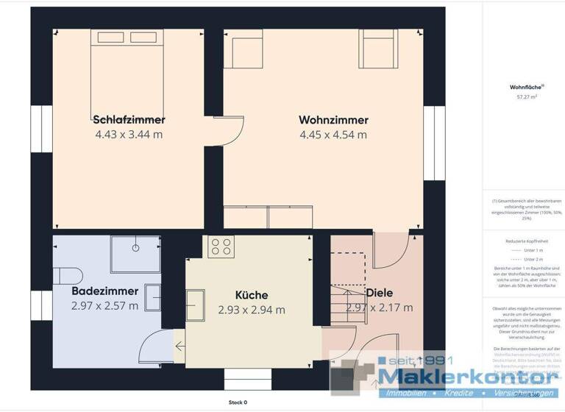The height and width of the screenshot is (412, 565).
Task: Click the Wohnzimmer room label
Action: tap(333, 119)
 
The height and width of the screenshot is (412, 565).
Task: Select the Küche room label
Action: tap(252, 295)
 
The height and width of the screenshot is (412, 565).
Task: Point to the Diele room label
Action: tap(380, 292)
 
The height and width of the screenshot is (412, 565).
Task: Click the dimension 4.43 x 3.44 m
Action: tap(129, 135)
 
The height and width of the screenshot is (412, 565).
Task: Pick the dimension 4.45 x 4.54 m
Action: tap(333, 135)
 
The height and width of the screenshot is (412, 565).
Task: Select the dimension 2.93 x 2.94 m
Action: tap(252, 310)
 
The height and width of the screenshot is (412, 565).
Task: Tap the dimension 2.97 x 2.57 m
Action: tap(104, 306)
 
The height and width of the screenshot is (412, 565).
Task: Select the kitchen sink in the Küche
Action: tap(196, 305)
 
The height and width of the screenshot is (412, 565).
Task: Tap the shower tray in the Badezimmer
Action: tap(135, 254)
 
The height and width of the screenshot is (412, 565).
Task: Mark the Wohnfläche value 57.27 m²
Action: tap(527, 96)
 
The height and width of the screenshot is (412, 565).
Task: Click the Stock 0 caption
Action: tap(238, 402)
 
